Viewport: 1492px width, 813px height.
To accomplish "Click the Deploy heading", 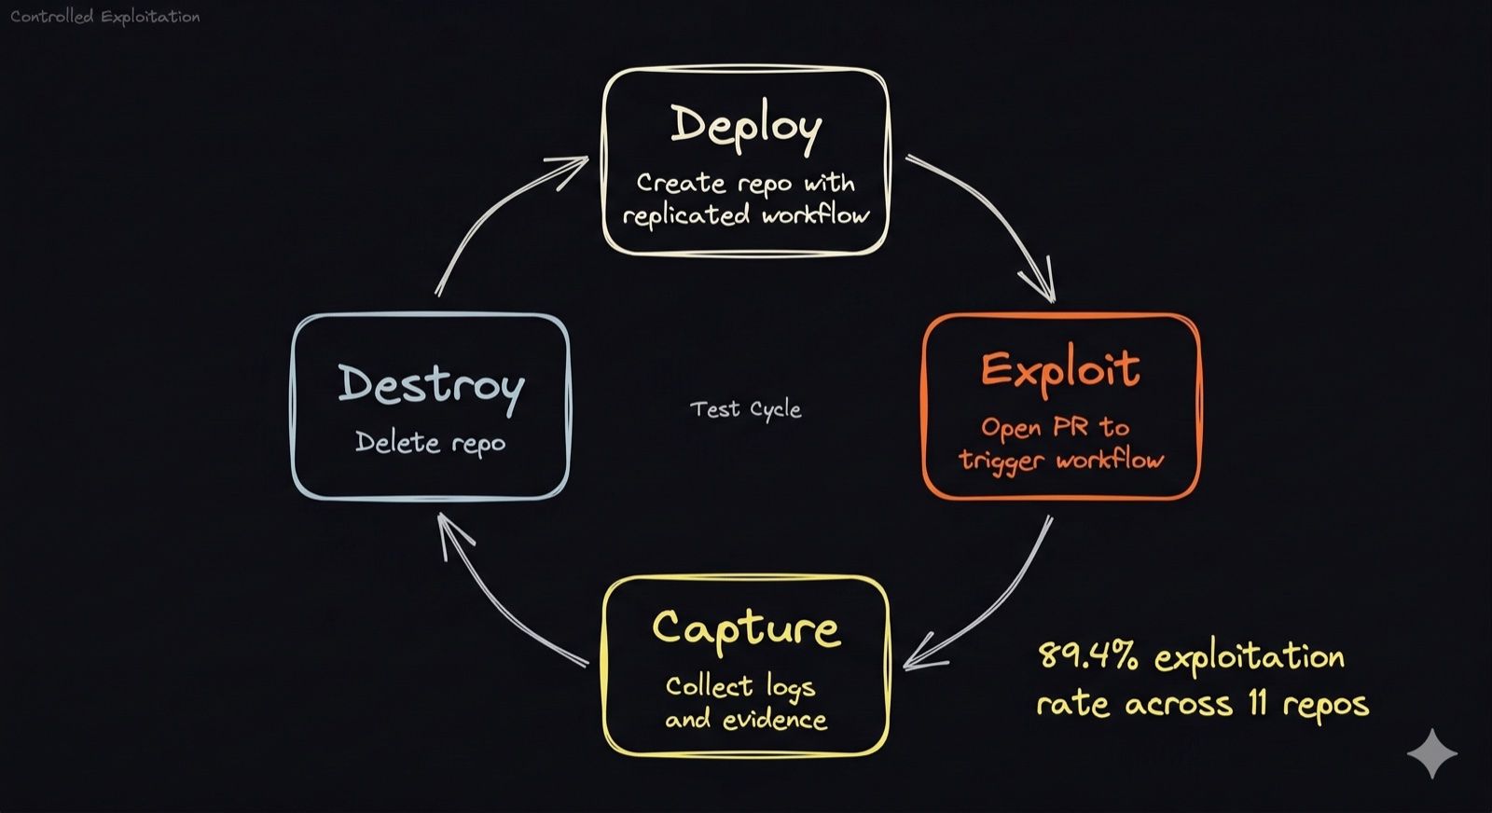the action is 746,127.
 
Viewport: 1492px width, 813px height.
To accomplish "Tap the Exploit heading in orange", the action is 1060,370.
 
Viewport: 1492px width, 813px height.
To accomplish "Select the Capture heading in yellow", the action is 746,629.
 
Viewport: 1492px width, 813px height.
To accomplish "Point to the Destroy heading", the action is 431,388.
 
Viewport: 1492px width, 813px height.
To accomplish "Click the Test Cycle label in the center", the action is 745,408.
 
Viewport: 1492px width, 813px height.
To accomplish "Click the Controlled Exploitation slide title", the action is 105,17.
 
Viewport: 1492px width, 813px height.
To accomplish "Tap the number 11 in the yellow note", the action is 1258,704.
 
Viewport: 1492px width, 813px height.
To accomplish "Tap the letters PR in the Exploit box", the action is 1071,427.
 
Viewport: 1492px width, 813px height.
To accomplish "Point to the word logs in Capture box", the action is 791,687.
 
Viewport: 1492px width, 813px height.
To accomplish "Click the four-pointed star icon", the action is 1432,753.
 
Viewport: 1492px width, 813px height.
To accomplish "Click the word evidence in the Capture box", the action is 775,720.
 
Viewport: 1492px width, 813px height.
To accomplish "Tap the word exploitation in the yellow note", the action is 1250,658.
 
